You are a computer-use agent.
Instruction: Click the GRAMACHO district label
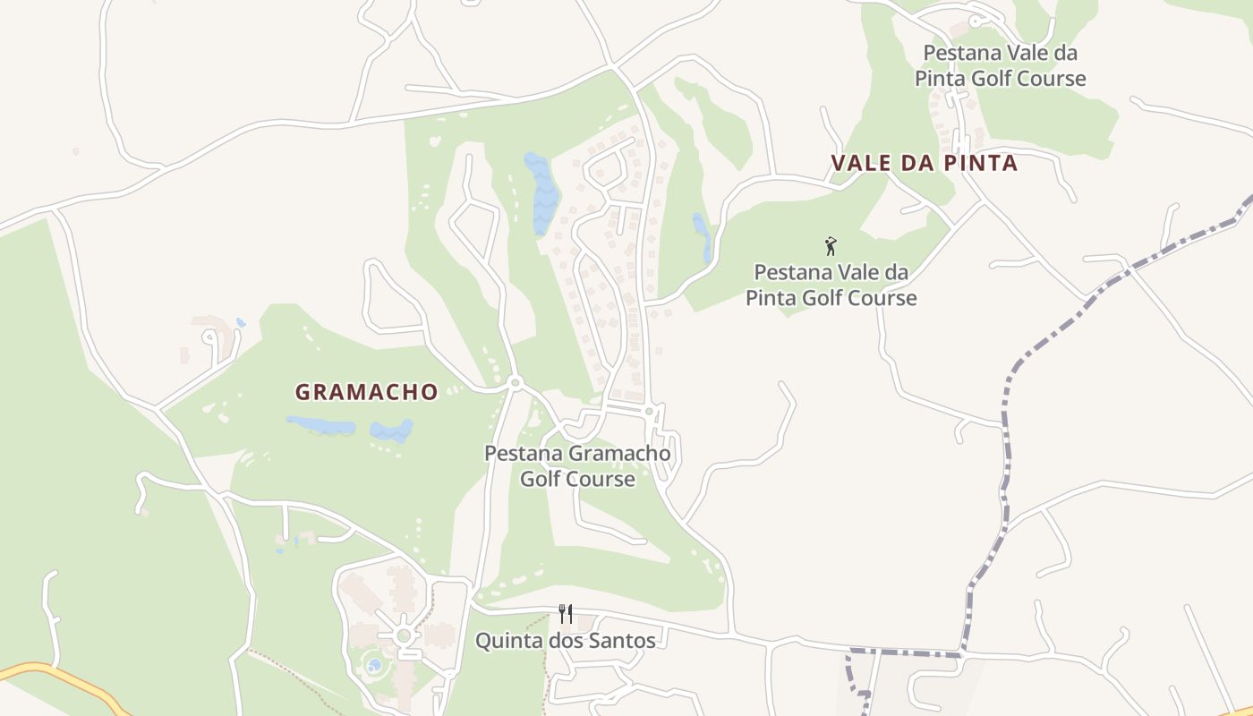[367, 392]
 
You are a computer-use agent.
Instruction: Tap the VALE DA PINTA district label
[924, 163]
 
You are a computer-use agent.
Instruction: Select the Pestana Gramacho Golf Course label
[577, 465]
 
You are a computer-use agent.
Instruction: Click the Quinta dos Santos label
[565, 641]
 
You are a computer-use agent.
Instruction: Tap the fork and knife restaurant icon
[565, 614]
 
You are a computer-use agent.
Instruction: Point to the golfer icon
[831, 246]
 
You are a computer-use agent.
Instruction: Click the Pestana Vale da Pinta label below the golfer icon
[831, 285]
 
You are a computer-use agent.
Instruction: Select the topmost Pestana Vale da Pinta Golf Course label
[1000, 65]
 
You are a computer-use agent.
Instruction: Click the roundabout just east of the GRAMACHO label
[515, 383]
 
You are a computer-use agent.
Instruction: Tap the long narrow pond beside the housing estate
[541, 192]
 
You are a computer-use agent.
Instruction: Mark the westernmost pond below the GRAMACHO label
[320, 425]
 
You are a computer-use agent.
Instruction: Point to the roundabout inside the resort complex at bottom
[404, 635]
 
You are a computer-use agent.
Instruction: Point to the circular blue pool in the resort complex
[373, 666]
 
